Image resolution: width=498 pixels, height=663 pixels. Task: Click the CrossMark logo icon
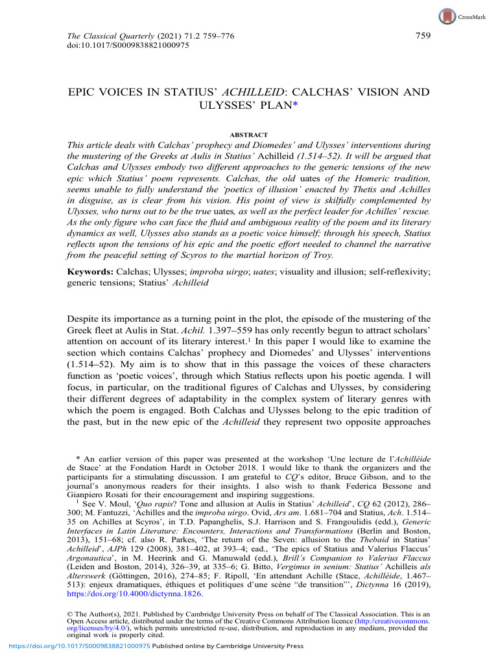(447, 17)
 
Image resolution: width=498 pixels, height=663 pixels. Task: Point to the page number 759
(422, 37)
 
